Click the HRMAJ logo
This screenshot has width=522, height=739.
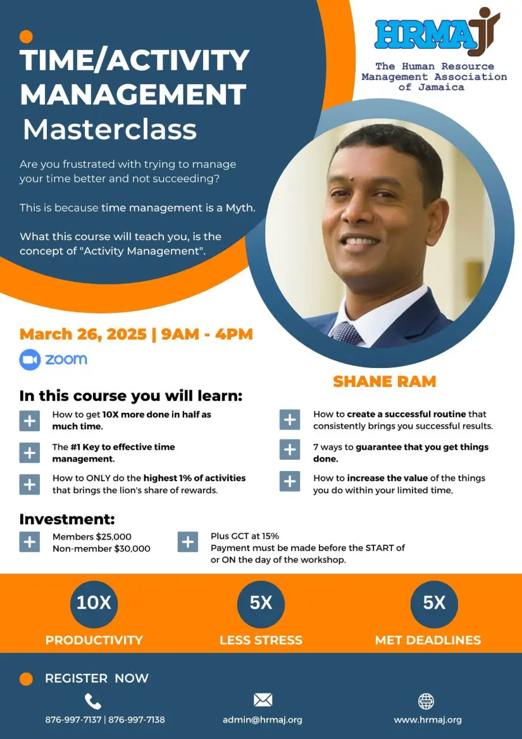[437, 32]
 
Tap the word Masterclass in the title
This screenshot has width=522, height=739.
[109, 129]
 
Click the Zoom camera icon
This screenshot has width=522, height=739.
[30, 360]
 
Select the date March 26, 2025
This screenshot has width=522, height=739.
[83, 334]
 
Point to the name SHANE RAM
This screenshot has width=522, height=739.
[385, 381]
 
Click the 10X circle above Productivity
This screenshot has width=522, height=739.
[94, 603]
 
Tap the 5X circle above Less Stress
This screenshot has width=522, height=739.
[261, 603]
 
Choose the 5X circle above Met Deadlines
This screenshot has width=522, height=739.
[434, 603]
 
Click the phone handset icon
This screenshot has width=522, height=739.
[93, 701]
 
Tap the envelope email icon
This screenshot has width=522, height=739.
[263, 700]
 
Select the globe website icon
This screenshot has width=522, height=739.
[426, 701]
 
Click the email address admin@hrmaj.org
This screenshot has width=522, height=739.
[263, 720]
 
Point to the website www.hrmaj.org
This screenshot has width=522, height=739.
[428, 720]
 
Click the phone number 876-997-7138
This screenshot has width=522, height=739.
[137, 719]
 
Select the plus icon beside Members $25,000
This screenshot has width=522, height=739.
[29, 542]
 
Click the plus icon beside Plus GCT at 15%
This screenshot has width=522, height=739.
[187, 542]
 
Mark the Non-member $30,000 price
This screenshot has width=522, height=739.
[101, 548]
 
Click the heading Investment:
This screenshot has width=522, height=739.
[67, 519]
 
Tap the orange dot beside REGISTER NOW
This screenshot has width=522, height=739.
[26, 679]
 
